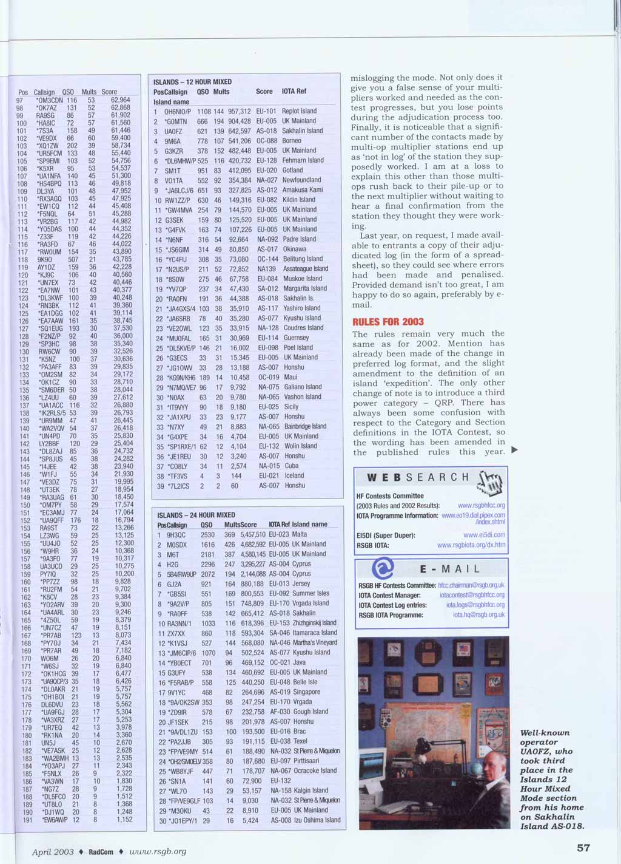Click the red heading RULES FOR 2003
tap(388, 322)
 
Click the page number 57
tap(583, 848)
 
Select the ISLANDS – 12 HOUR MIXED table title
tap(192, 81)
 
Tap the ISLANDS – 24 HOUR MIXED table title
tap(196, 515)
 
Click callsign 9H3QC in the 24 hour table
tap(176, 535)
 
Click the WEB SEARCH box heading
tap(418, 478)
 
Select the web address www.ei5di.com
tap(484, 536)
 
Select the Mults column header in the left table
tap(89, 92)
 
